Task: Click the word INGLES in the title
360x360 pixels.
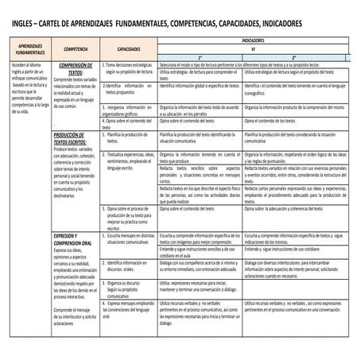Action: tap(24, 25)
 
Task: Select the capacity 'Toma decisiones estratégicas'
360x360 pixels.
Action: tap(129, 68)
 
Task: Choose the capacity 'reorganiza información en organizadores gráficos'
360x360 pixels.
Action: tap(128, 110)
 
